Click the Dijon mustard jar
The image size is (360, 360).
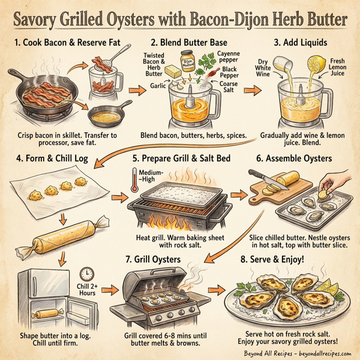[x=190, y=59]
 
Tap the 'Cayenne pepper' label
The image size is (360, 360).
[x=229, y=58]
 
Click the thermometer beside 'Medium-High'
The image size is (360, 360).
[x=133, y=181]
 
